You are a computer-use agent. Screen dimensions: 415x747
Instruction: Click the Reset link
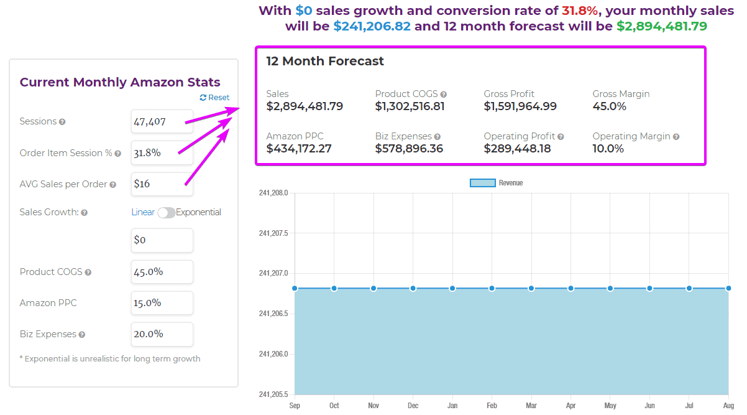[214, 98]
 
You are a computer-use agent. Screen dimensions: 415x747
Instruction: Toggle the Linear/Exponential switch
[166, 213]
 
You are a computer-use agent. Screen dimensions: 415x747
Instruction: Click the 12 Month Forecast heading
[325, 61]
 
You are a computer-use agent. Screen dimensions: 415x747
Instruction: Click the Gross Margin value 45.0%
[609, 106]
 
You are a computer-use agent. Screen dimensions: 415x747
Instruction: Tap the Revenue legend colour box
[482, 183]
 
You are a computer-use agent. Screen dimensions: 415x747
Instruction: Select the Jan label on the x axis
[452, 406]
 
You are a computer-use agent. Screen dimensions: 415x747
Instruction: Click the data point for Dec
[413, 288]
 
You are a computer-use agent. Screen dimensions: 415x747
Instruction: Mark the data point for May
[610, 288]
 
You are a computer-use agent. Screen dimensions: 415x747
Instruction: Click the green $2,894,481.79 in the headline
[661, 27]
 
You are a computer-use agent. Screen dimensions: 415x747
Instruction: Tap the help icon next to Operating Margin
[676, 137]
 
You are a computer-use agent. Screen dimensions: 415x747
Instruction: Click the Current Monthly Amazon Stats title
[120, 82]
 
